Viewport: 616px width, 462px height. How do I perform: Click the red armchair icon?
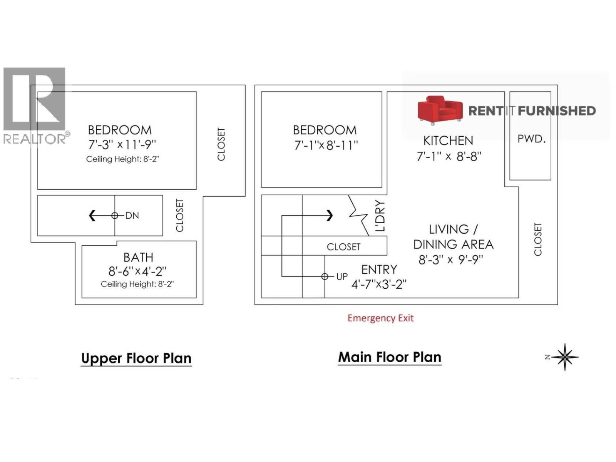point(440,110)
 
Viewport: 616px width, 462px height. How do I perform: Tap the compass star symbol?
point(565,357)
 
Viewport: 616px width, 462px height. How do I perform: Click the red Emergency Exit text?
point(380,318)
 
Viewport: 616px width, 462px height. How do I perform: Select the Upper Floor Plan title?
point(136,358)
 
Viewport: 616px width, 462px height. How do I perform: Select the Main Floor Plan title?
point(390,357)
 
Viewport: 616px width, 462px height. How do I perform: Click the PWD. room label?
point(531,139)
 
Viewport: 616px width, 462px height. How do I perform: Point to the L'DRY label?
point(380,216)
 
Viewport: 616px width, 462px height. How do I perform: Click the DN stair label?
point(132,216)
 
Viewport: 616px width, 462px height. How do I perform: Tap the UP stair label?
point(341,277)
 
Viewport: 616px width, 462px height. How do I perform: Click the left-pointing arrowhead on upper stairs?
point(92,216)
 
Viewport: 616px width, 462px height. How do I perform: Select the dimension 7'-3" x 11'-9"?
point(122,145)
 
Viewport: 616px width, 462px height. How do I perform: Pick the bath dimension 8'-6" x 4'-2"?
point(137,271)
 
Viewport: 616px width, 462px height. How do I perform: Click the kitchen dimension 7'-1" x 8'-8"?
point(449,156)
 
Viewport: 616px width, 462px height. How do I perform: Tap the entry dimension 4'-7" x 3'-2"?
point(379,285)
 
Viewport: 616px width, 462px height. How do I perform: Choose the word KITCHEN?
point(448,141)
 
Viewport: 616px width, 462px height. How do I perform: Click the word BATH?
point(138,258)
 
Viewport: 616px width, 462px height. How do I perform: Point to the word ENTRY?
point(379,270)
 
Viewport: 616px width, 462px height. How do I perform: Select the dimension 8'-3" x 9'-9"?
point(451,260)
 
